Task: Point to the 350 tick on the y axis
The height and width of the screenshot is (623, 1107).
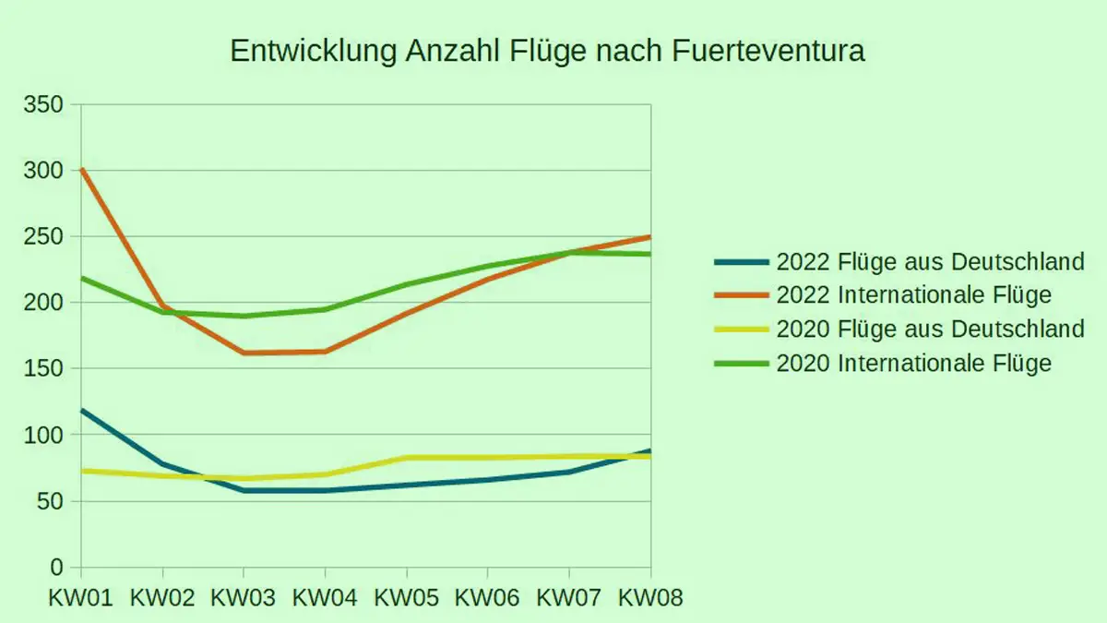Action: (44, 104)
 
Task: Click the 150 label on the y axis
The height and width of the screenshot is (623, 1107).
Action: (44, 369)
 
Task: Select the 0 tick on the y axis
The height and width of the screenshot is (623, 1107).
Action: (56, 568)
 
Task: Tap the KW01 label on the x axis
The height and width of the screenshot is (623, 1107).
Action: (80, 598)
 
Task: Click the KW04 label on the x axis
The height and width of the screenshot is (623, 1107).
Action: (325, 598)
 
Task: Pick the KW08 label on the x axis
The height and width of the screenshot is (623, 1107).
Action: (650, 598)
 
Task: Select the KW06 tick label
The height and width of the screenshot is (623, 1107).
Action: (488, 598)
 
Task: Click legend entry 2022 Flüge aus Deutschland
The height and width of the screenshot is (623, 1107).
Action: (930, 262)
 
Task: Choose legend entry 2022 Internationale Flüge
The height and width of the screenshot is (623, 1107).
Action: (913, 295)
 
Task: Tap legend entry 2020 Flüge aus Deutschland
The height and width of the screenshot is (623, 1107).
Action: (930, 329)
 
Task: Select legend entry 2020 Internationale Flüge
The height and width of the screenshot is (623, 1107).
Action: (913, 363)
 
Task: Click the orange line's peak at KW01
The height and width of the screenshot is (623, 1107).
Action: (81, 169)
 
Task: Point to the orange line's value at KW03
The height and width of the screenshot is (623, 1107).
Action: (244, 353)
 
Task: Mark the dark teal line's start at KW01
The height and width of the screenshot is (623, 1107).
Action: (81, 410)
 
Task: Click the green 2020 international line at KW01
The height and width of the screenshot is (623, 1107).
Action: (81, 278)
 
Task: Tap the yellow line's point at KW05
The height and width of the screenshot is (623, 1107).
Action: (407, 458)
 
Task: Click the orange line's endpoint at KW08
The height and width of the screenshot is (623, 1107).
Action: (649, 237)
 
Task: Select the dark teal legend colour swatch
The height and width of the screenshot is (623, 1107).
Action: (742, 262)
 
